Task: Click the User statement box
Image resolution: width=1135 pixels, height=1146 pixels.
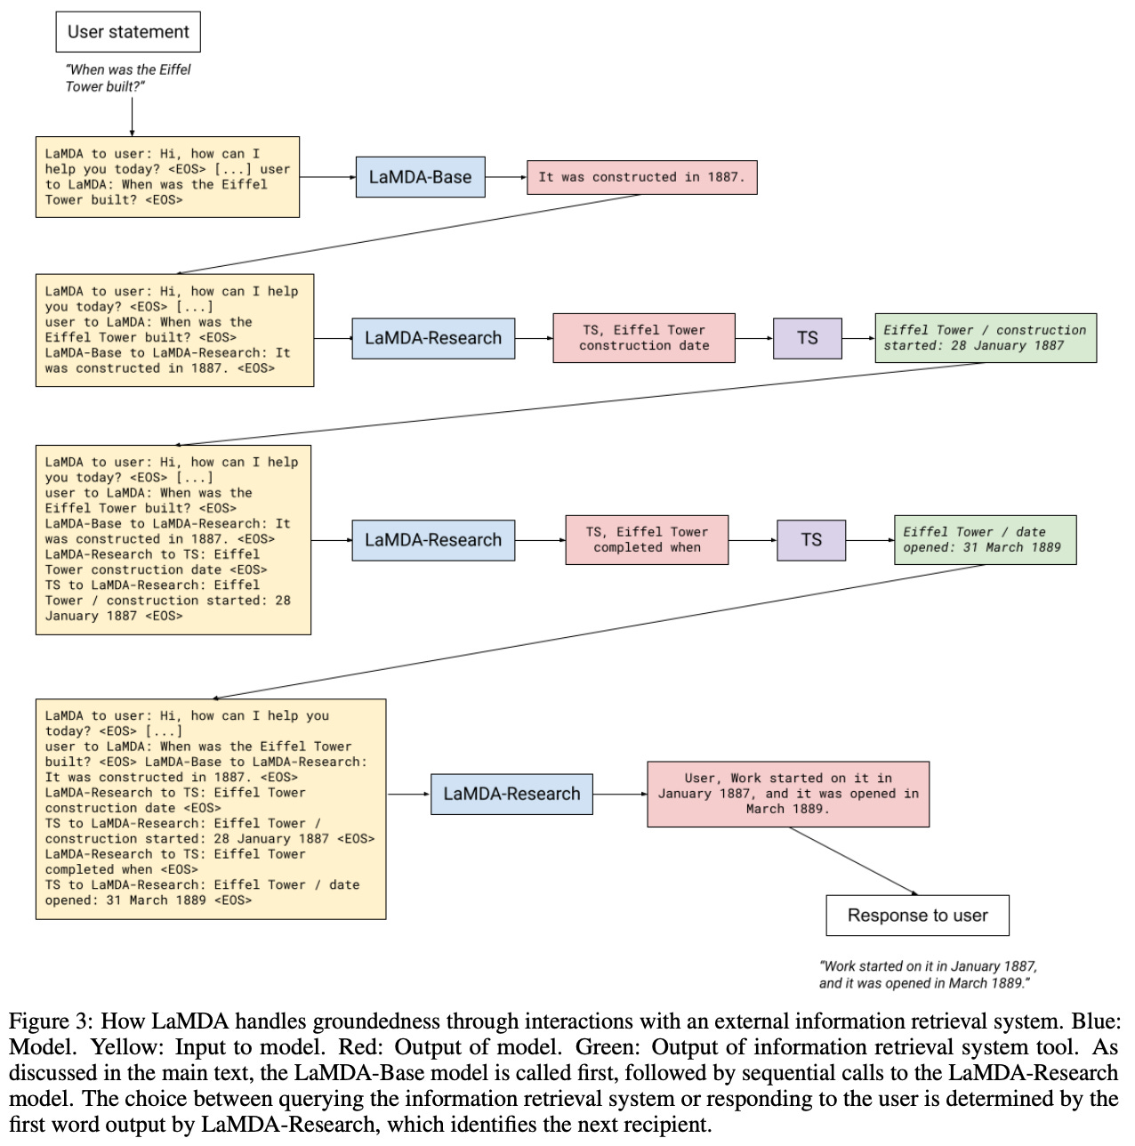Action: pos(128,32)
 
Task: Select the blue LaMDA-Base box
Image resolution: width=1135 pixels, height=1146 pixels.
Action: pos(420,177)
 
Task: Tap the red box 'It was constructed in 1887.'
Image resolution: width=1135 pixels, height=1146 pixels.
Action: pos(641,177)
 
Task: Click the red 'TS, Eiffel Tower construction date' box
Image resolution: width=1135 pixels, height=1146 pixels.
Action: pos(644,338)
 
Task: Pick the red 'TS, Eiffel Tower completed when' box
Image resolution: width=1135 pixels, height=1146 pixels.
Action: pos(647,540)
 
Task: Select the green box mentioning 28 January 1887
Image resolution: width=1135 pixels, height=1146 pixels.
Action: pos(985,338)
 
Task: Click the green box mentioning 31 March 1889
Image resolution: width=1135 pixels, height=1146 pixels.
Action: pos(985,540)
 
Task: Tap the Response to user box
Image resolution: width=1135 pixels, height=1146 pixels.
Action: pos(917,916)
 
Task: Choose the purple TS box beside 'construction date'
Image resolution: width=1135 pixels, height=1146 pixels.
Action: pos(807,338)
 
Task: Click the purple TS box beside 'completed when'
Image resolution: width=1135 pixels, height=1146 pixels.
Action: pos(810,540)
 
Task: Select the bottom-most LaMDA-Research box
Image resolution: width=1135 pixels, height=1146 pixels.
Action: pos(511,794)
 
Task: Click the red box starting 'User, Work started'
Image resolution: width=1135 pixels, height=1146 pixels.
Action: pos(787,794)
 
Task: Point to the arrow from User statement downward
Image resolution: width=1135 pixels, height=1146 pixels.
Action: pos(132,117)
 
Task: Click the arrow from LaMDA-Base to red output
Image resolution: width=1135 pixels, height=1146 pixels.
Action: pos(506,177)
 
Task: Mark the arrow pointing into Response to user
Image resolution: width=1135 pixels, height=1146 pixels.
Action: pos(854,861)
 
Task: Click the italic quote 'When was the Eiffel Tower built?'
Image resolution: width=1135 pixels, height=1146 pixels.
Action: pos(128,77)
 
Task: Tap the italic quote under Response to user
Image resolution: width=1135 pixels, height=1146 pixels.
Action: pos(928,974)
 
